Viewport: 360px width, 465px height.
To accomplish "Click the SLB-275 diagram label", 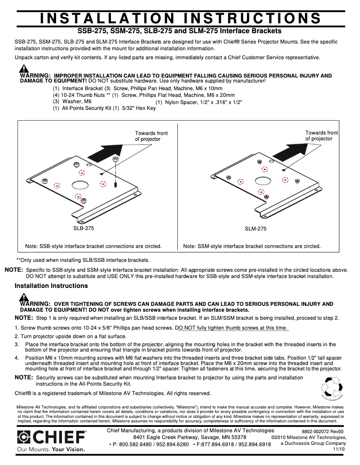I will tap(83, 228).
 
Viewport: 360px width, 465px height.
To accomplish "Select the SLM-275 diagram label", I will tap(256, 228).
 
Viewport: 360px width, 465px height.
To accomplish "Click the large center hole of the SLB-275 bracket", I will tap(79, 184).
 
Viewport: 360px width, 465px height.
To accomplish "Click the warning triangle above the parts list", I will tap(24, 70).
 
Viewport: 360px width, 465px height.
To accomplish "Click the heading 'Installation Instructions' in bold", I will tap(51, 286).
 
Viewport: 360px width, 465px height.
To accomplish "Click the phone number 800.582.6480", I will tap(132, 444).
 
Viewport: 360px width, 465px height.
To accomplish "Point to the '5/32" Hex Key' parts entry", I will tap(140, 108).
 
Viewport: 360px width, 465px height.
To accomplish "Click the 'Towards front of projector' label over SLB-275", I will tap(151, 136).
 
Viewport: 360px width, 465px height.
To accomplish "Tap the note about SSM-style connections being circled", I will tap(252, 246).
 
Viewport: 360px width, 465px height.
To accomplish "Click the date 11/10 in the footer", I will tap(338, 449).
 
